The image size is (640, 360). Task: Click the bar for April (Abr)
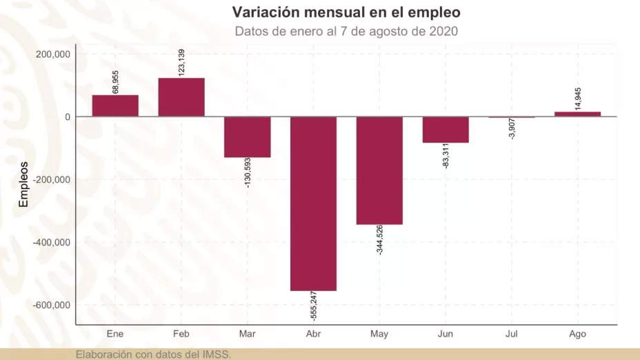coord(313,203)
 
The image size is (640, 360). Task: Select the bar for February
coord(181,97)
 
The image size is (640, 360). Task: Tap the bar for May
coord(379,170)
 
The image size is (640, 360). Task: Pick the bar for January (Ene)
coord(115,106)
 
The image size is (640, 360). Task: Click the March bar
coord(247,137)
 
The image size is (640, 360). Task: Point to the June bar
coord(446,130)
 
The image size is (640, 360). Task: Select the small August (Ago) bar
coord(577,114)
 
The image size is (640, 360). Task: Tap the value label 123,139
coord(181,63)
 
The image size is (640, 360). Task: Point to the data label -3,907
coord(511,129)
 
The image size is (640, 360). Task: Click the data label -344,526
coord(380,240)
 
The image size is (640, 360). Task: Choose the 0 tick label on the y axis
coord(67,117)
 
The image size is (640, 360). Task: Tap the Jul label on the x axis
coord(511,334)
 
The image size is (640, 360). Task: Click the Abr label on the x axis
coord(313,334)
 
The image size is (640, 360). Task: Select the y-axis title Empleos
coord(23,184)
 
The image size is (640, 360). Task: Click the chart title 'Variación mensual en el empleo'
coord(346,12)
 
